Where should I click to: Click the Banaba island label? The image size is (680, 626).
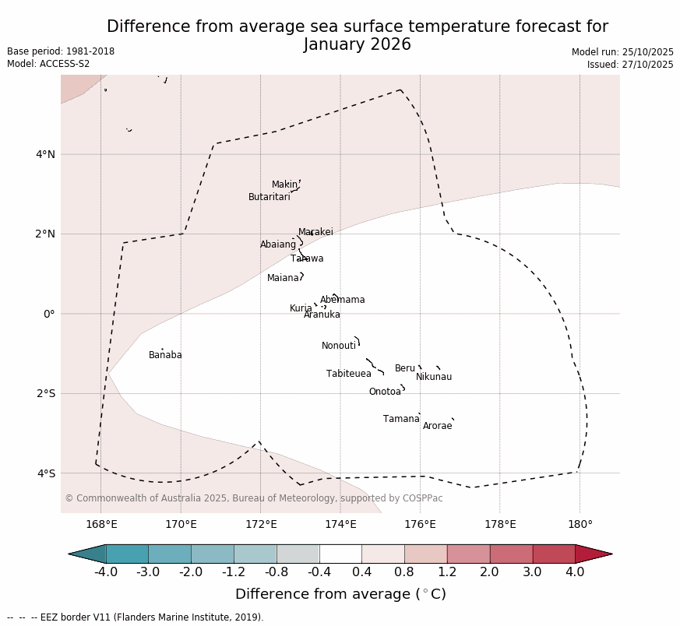(165, 355)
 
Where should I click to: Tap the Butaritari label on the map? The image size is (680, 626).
(269, 197)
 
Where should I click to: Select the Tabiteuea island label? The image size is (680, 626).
(348, 374)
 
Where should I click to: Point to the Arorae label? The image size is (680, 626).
(437, 426)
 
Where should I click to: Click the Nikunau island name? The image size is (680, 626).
(433, 377)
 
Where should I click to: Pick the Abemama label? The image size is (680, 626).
(342, 300)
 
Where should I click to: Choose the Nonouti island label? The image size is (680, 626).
(338, 346)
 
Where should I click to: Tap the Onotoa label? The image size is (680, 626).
(385, 392)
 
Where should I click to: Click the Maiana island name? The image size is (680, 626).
(283, 278)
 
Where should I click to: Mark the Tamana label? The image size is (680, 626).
(401, 419)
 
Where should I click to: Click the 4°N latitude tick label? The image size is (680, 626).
(45, 154)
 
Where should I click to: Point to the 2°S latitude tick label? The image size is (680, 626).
(45, 393)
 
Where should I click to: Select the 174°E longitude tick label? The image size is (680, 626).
(340, 524)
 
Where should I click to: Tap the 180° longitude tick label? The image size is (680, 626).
(580, 524)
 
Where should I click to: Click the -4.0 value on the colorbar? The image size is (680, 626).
(106, 572)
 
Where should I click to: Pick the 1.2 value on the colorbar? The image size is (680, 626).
(447, 572)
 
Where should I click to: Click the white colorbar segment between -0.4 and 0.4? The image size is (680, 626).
(340, 554)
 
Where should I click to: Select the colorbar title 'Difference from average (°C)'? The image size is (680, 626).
(340, 594)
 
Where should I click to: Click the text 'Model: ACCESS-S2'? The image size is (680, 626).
(48, 64)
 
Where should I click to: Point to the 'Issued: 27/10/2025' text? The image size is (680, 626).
(629, 65)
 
